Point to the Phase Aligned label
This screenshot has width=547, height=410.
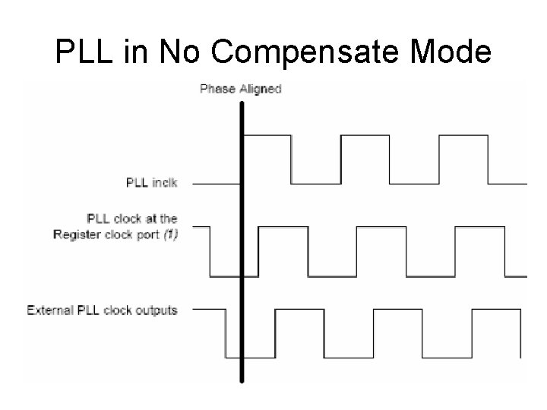click(240, 89)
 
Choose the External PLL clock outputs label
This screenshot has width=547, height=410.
click(102, 310)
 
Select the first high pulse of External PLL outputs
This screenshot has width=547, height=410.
click(300, 310)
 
